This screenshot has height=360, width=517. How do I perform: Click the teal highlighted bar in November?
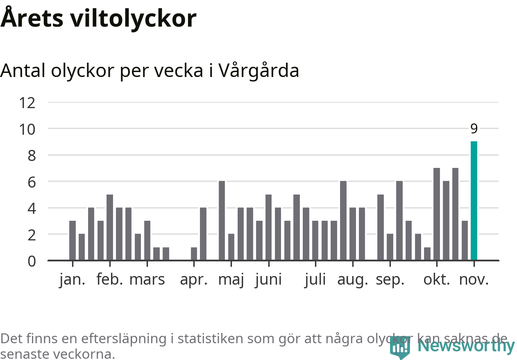coord(474,201)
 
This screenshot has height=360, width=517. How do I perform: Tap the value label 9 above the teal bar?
coord(474,129)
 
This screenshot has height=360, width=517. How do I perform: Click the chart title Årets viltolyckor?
coord(98,18)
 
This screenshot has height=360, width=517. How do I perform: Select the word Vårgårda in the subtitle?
coord(259,71)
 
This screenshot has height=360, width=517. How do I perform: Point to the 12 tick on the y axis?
coord(27,102)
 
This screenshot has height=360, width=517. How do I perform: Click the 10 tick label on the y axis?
coord(27,129)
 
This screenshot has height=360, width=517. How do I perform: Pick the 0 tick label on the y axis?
coord(32,261)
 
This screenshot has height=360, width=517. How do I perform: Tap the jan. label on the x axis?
coord(73,280)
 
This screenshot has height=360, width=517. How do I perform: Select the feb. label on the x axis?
coord(110,280)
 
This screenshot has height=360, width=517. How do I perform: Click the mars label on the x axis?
coord(147,280)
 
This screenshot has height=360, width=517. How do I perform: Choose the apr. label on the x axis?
coord(194,280)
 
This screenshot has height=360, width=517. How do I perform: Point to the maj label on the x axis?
coord(231,280)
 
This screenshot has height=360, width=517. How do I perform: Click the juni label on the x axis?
coord(268,280)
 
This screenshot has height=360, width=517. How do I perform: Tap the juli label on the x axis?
coord(315,280)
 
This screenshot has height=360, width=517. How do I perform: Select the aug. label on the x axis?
coord(352,280)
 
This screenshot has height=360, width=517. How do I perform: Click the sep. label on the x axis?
coord(390,280)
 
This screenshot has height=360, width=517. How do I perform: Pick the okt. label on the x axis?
coord(437,280)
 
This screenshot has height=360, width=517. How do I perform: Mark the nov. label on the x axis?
coord(474,280)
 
